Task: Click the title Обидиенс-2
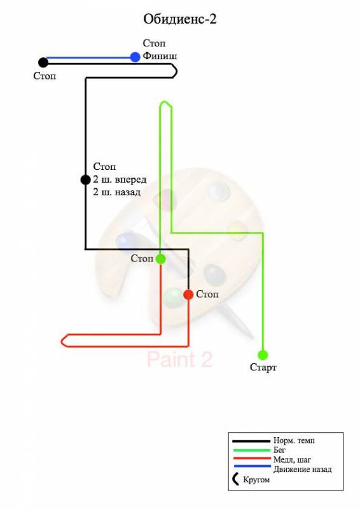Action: [x=180, y=19]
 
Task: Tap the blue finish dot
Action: [x=135, y=57]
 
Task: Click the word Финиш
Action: [x=160, y=56]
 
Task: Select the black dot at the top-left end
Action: [x=43, y=62]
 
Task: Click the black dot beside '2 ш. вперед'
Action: [x=85, y=179]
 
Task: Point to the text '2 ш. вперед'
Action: [x=120, y=179]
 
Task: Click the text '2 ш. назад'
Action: [x=117, y=192]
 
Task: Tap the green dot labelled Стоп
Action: [x=161, y=259]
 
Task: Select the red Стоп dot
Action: [x=188, y=295]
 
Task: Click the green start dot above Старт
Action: [x=263, y=355]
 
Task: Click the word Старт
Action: [x=263, y=368]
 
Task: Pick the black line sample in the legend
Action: [x=251, y=441]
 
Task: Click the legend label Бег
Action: [x=279, y=450]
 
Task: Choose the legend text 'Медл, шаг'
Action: [x=292, y=459]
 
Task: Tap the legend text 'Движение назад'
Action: [x=303, y=470]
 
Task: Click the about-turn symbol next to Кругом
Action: [x=235, y=479]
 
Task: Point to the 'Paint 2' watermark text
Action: [x=179, y=359]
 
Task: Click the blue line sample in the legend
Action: [x=253, y=466]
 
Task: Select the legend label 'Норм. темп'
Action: [x=294, y=440]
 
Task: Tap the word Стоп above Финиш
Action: [x=154, y=43]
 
